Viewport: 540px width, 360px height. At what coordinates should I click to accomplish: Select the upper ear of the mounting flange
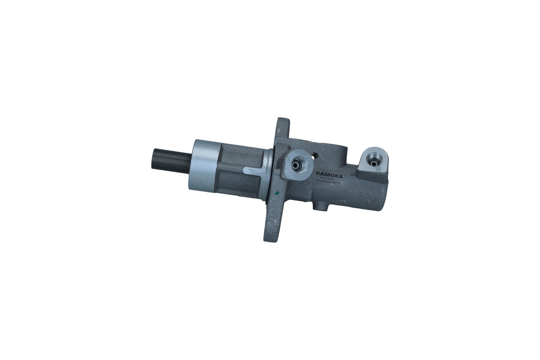[282, 127]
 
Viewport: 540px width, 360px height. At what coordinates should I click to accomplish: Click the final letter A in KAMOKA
[341, 176]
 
